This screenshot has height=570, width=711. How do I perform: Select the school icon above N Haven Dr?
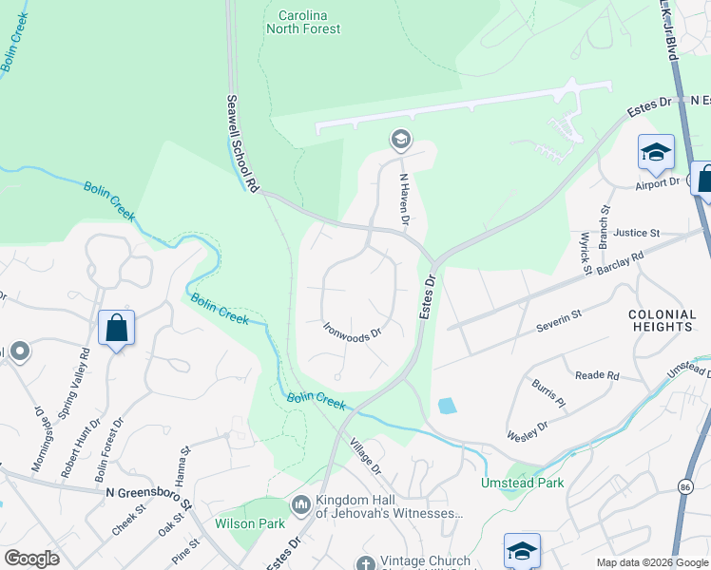[400, 141]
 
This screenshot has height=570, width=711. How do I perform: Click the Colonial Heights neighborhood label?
[660, 320]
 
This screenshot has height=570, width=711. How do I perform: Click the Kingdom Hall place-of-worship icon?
[301, 503]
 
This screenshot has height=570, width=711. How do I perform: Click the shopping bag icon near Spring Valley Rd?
[116, 329]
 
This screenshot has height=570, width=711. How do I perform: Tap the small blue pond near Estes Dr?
[447, 407]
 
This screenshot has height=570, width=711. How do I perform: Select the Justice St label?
[636, 233]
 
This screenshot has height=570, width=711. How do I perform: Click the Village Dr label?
[365, 457]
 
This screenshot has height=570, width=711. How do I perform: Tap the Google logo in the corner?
[31, 559]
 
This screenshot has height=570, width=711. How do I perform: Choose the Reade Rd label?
[597, 375]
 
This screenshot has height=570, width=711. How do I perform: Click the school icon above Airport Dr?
[656, 151]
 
